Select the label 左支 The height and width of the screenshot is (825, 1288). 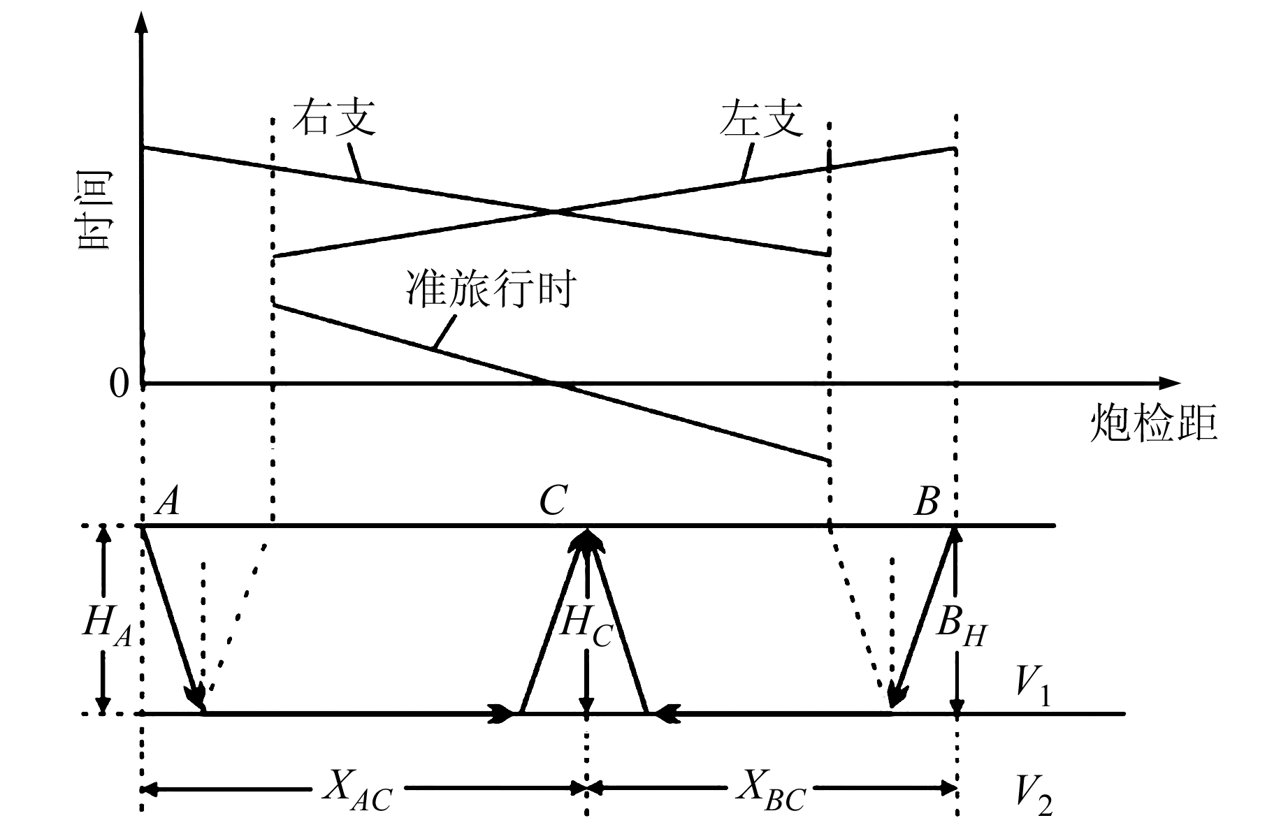(762, 118)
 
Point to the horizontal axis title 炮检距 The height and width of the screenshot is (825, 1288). (1154, 423)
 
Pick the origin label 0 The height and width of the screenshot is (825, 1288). (120, 384)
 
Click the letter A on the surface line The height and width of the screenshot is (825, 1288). (168, 501)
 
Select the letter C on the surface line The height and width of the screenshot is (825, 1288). (552, 501)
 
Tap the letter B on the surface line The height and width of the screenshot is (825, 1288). (927, 501)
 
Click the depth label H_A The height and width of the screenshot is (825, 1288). (107, 624)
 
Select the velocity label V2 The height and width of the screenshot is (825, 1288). (1033, 794)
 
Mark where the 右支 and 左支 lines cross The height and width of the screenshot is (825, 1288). (553, 210)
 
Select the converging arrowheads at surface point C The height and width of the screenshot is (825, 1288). (587, 539)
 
